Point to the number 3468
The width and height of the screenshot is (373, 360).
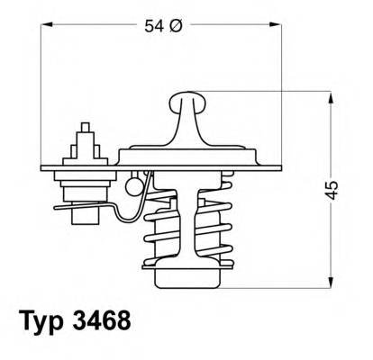coord(114,321)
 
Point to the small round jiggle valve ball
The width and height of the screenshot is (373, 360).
coord(134,187)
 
